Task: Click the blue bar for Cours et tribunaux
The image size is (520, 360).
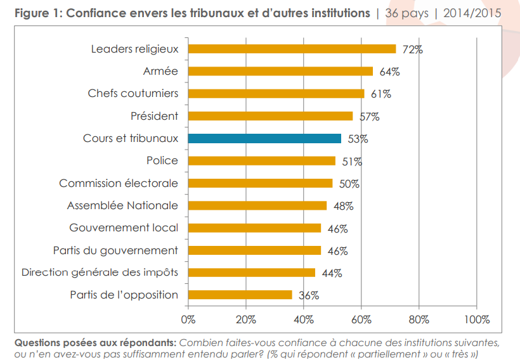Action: [264, 139]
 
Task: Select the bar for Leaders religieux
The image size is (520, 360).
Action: [292, 49]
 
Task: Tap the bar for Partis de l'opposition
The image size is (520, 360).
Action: [240, 295]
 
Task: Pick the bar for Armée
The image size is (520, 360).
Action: [280, 71]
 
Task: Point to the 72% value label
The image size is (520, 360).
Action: [412, 49]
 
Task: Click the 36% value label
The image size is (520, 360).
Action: [309, 295]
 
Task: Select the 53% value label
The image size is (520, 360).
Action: [358, 139]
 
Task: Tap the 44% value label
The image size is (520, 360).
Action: [332, 273]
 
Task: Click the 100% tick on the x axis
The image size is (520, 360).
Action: [476, 318]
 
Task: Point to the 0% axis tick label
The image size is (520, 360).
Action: [188, 318]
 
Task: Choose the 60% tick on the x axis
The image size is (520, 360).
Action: [361, 318]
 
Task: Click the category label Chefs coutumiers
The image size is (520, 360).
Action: [133, 94]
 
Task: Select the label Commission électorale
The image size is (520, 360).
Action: [119, 183]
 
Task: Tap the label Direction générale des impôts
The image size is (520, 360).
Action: [100, 273]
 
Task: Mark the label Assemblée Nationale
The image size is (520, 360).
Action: [122, 205]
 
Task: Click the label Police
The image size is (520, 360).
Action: [162, 161]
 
